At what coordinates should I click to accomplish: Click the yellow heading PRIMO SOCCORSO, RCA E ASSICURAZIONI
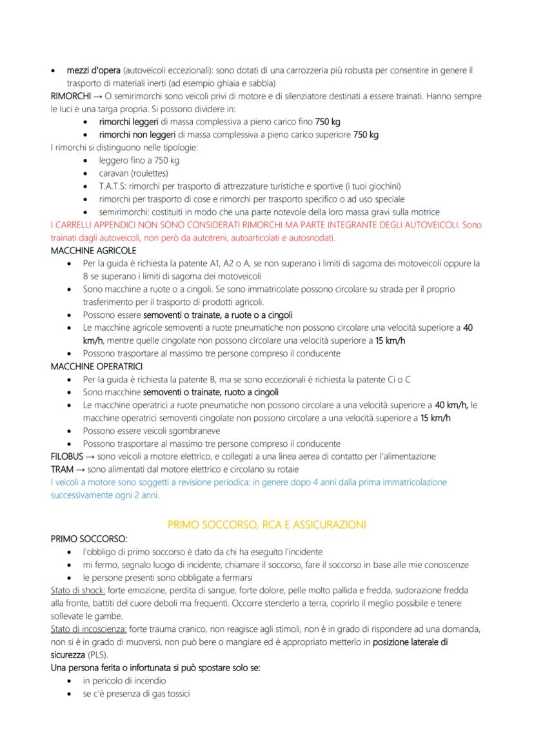click(x=266, y=525)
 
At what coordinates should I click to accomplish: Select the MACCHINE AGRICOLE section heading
click(x=93, y=250)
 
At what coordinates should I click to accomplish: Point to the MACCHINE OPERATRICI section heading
click(x=96, y=366)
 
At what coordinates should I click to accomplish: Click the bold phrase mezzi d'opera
click(x=94, y=70)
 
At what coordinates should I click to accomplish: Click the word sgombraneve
click(x=193, y=431)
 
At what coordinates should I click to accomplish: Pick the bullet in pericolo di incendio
click(x=124, y=681)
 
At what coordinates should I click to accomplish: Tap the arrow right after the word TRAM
click(x=80, y=469)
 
